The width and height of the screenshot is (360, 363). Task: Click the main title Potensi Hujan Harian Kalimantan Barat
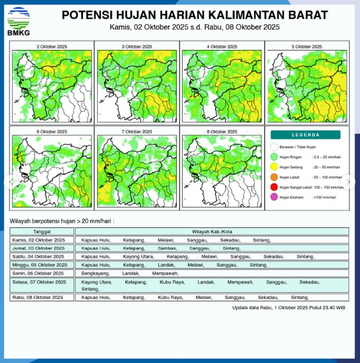coord(194,15)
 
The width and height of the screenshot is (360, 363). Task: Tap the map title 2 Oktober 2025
coord(51,47)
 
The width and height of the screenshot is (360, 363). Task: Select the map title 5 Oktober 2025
coord(306,47)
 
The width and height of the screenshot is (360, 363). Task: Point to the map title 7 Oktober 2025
coord(136,132)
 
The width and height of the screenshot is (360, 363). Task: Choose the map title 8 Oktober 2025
coord(221,132)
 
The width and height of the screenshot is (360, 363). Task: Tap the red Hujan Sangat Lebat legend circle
coord(274,187)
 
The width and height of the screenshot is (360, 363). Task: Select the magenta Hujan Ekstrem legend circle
coord(274,197)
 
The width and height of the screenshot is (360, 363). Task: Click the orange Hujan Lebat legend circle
coord(274,177)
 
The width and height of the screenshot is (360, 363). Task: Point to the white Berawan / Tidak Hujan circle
coord(274,146)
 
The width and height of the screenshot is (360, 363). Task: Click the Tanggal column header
coord(42,231)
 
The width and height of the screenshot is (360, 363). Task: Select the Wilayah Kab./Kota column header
coord(212,231)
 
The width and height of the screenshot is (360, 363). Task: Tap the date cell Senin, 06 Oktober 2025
coord(38,273)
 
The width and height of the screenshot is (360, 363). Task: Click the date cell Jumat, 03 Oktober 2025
coord(38,248)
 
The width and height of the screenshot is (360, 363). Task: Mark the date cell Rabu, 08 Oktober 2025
coord(38,297)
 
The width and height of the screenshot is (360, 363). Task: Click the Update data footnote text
coord(289,307)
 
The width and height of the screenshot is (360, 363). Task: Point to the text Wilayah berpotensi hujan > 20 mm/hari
coord(62,221)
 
